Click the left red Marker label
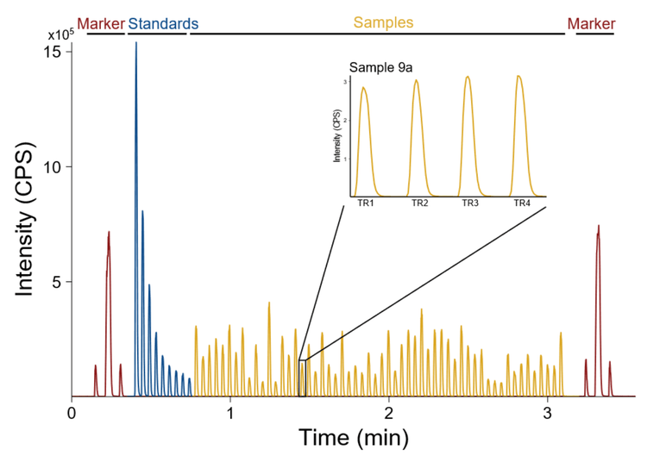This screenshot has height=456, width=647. [x=101, y=23]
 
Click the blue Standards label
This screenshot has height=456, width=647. [x=164, y=23]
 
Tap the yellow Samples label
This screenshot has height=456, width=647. [x=384, y=22]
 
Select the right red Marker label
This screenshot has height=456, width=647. [x=591, y=23]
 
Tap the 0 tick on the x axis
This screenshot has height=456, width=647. [x=72, y=413]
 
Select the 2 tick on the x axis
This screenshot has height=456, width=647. [x=389, y=413]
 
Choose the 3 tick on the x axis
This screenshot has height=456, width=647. [x=548, y=413]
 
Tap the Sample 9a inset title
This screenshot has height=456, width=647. [x=374, y=66]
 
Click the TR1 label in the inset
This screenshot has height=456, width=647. [x=365, y=203]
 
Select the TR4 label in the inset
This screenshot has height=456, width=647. [x=521, y=203]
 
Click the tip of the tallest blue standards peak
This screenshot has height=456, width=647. [x=135, y=43]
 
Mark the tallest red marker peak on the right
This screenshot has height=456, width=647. [x=598, y=228]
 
